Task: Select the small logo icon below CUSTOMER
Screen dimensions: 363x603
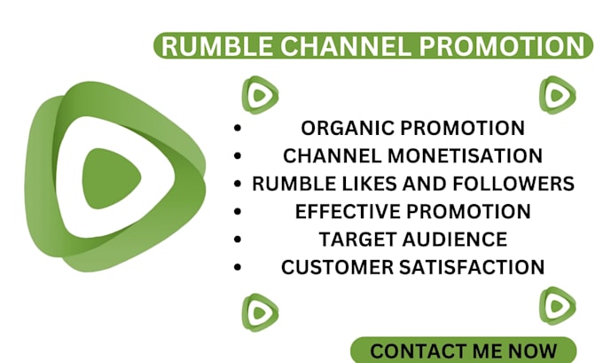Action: click(259, 312)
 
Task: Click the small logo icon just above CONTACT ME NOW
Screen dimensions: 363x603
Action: click(557, 305)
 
